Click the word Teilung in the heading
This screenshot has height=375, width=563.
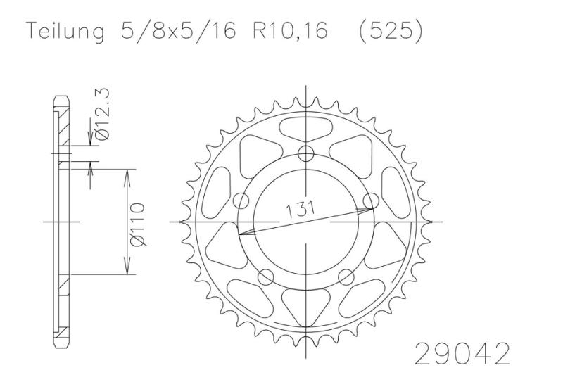[x=65, y=31]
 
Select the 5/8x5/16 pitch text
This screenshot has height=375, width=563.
[x=179, y=30]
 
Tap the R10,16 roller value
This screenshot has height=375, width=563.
[x=290, y=30]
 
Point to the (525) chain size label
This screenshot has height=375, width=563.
[x=391, y=31]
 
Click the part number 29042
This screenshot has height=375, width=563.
[x=462, y=353]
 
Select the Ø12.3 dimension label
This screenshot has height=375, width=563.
[x=102, y=114]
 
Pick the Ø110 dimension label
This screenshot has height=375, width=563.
[x=137, y=224]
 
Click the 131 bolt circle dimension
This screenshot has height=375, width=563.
[x=301, y=209]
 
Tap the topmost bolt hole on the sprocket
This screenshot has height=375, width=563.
[x=306, y=154]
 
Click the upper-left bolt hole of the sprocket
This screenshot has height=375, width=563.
[x=241, y=201]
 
